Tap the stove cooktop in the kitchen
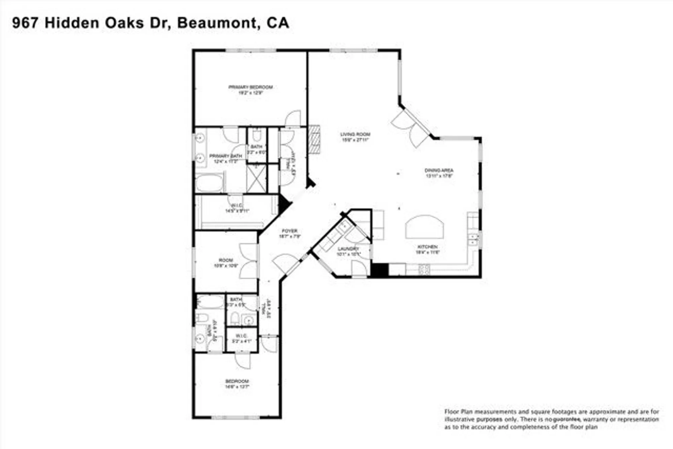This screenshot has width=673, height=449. click(424, 269)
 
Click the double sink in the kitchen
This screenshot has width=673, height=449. click(473, 239)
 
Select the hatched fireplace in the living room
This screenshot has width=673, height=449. click(314, 139)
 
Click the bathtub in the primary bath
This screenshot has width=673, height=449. click(209, 183)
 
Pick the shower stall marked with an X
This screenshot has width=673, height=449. click(256, 178)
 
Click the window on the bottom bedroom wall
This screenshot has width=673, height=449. click(236, 417)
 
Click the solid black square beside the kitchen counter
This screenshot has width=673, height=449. click(380, 270)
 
